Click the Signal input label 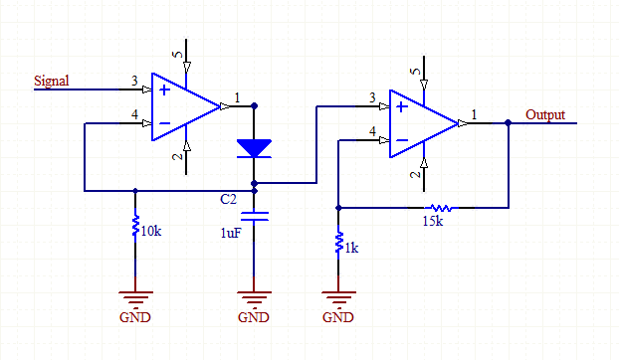point(52,81)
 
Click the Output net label point(545,114)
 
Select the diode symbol point(254,148)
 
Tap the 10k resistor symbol point(135,225)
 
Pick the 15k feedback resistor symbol point(441,208)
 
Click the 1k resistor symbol point(338,242)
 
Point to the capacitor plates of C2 point(255,216)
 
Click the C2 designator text point(228,199)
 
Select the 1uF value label point(231,233)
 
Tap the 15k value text point(433,221)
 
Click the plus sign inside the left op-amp point(164,90)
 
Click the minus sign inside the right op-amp point(402,140)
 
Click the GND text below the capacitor point(254,317)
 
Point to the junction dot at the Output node point(509,123)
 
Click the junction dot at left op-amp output point(254,106)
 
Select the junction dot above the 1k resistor point(338,208)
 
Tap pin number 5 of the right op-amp point(415,72)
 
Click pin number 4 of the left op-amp point(134,114)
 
